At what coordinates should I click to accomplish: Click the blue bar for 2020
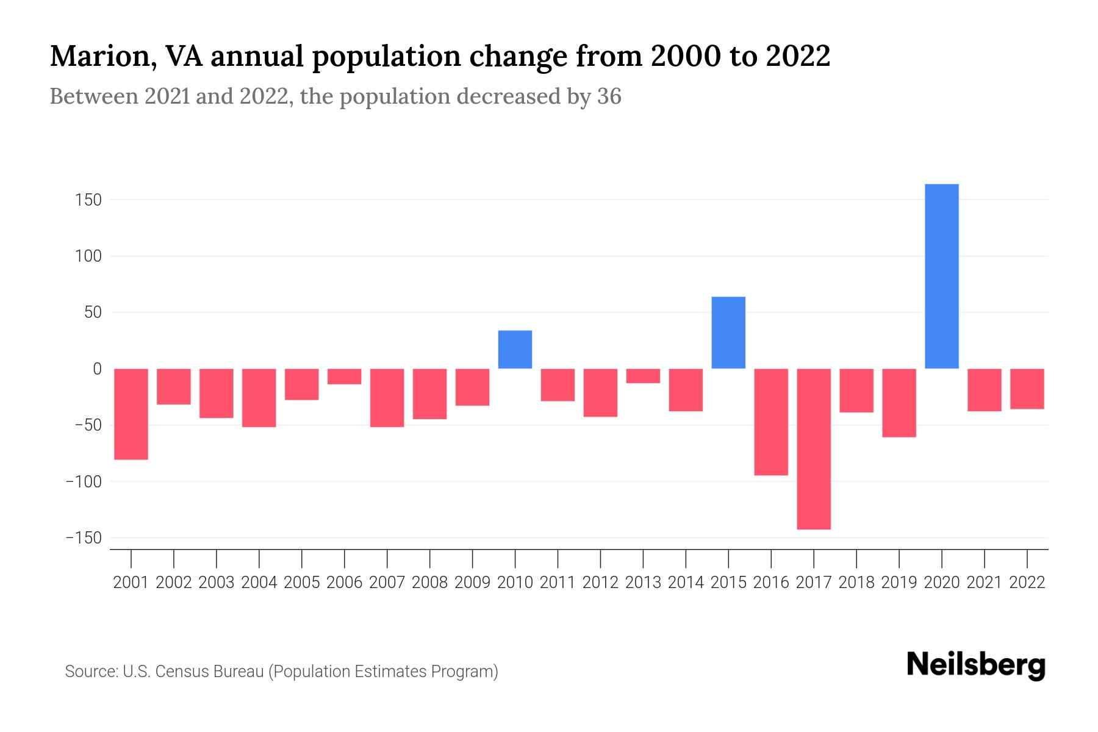(x=941, y=276)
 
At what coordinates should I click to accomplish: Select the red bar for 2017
(x=814, y=449)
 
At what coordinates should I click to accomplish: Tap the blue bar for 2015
(x=728, y=332)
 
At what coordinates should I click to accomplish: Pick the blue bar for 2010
(x=515, y=350)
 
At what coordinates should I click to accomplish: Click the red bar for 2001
(x=131, y=414)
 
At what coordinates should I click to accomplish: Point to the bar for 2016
(x=771, y=422)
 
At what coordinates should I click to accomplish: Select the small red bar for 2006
(x=345, y=376)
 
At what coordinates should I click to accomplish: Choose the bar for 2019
(x=899, y=403)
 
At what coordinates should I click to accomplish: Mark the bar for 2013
(x=643, y=376)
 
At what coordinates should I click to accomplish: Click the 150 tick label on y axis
(x=88, y=200)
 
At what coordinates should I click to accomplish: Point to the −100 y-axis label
(x=84, y=482)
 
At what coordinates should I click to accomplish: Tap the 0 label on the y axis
(x=97, y=369)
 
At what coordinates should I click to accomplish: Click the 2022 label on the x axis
(x=1027, y=583)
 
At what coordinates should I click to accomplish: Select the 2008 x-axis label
(x=429, y=583)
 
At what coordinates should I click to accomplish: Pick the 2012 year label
(x=600, y=583)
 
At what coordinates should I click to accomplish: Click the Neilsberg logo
(x=976, y=665)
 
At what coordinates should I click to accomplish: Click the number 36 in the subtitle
(x=609, y=96)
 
